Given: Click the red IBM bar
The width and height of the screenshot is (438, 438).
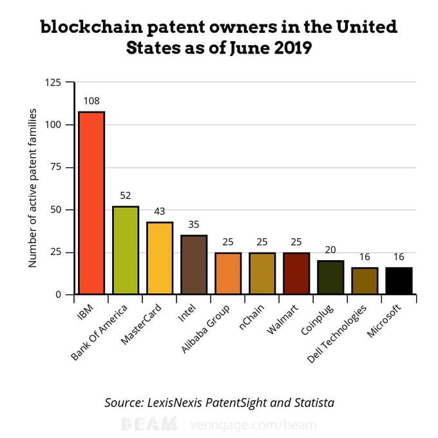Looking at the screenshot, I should coord(91,203).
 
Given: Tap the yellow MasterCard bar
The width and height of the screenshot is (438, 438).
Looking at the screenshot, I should coord(160,258).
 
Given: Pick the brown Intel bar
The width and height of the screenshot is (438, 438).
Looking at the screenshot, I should coord(194,264).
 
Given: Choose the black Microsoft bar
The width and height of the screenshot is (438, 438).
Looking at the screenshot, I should coord(399,281).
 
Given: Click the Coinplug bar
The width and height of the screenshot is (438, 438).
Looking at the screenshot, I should coord(330,277).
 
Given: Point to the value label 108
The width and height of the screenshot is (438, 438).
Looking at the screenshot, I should coord(91,101).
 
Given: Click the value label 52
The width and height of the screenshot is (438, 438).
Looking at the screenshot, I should coord(126,196).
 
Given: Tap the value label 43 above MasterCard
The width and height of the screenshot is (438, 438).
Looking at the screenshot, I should coord(160,211).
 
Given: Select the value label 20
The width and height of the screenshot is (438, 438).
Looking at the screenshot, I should coord(330,250).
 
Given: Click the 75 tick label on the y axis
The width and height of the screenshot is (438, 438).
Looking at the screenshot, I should coord(57,167).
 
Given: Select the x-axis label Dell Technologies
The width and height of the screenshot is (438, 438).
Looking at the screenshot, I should coord(338,332).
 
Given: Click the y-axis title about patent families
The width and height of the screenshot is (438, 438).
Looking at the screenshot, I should coord(33,188).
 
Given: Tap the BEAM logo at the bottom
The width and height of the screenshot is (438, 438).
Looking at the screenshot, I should coord(149,424).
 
